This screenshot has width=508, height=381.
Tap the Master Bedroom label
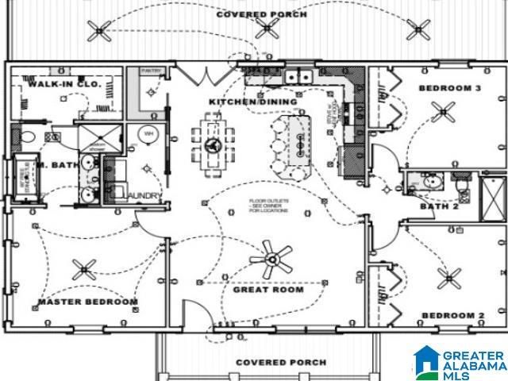88,302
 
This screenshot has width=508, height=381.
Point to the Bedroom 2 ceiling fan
448,278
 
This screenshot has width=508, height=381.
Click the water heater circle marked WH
148,135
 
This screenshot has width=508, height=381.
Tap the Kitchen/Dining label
252,102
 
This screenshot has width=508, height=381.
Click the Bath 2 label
439,207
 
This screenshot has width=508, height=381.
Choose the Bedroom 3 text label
450,88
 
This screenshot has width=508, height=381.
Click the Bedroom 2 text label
452,316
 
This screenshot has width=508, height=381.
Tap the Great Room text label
268,290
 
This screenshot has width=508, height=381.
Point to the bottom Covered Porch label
281,363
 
